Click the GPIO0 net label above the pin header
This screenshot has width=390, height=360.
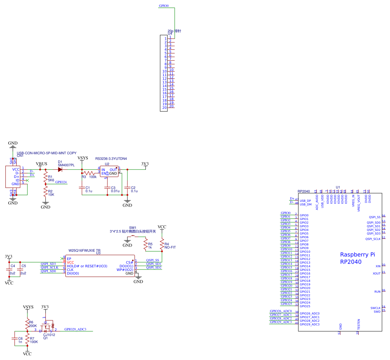[x=164, y=6]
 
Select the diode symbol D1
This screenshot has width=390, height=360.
[x=60, y=169]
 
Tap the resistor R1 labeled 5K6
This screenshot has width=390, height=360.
[x=45, y=178]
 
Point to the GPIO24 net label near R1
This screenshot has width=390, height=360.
[x=61, y=182]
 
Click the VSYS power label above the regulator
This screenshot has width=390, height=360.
[x=83, y=158]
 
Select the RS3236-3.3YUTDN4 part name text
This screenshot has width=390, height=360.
[x=111, y=159]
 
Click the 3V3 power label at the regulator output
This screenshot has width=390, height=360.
[x=145, y=164]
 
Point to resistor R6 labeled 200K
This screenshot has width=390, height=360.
[x=27, y=324]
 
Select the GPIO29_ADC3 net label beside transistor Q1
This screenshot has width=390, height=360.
[x=75, y=329]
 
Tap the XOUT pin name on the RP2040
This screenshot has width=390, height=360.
[x=377, y=273]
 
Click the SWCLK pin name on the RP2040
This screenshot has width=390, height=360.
[x=375, y=308]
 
